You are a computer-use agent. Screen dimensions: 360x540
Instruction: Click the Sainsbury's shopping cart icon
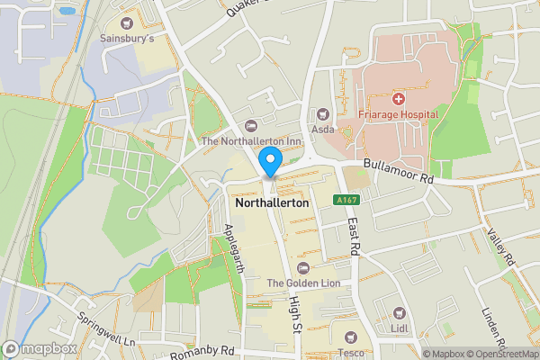click(127, 22)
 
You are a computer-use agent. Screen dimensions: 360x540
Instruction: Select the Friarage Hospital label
click(397, 114)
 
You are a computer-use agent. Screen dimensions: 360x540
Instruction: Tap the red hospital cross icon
click(397, 97)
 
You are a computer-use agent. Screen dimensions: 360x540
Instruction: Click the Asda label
click(322, 129)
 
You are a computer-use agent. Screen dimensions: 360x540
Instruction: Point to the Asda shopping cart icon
click(322, 113)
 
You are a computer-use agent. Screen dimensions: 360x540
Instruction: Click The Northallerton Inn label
click(250, 141)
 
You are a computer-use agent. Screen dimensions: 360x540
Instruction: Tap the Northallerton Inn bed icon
click(250, 125)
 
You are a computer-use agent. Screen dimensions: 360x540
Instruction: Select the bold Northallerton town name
click(271, 203)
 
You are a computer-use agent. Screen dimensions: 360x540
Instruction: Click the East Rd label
click(355, 236)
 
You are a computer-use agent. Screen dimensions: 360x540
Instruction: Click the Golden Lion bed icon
click(302, 267)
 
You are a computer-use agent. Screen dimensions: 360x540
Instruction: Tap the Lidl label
click(400, 328)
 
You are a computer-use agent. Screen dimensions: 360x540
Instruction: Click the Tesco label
click(351, 353)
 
